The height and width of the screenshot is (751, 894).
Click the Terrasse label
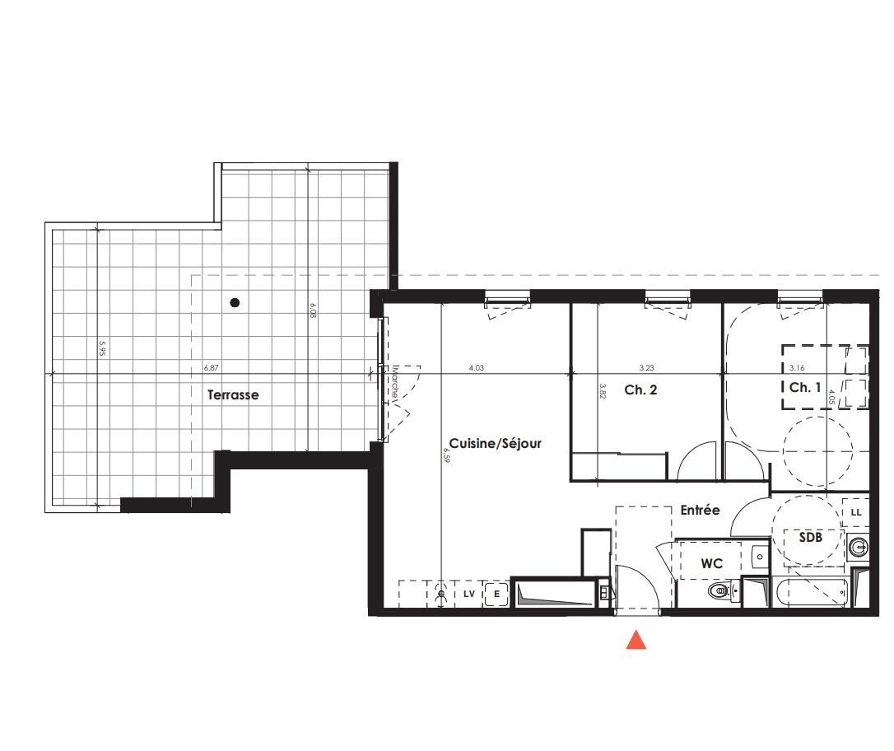pos(233,395)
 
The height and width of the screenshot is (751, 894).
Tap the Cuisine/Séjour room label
pos(496,443)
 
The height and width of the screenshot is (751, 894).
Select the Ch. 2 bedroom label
pos(640,390)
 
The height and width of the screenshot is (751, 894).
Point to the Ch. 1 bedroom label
pos(805,387)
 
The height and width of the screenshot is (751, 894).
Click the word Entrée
pos(700,511)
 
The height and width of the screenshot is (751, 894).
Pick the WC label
pos(711,564)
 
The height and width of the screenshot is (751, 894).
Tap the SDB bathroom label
pos(811,537)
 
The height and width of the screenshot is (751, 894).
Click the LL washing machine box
pos(856,512)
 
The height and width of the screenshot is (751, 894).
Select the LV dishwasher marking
pos(469,593)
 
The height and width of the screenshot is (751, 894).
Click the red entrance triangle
pos(636,640)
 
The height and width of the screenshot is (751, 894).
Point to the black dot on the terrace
pos(235,303)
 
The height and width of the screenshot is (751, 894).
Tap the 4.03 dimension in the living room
pos(476,369)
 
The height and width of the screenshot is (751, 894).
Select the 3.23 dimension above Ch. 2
pos(647,369)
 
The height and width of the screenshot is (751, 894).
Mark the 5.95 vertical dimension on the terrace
pos(101,349)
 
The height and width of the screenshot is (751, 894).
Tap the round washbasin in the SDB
pos(859,546)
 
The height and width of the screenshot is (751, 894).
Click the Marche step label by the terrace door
pos(396,383)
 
